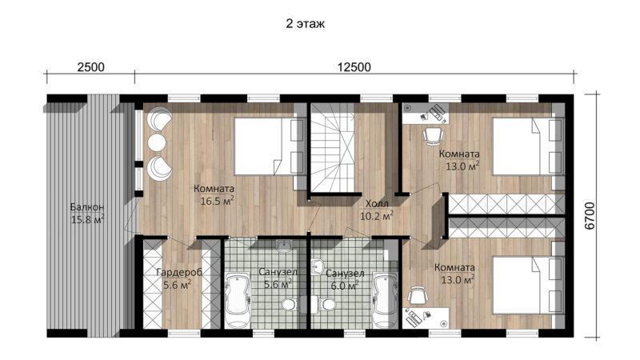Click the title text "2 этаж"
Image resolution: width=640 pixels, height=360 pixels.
point(306,24)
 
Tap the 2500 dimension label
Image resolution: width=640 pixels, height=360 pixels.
point(91,67)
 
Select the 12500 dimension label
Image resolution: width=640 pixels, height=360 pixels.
point(354,67)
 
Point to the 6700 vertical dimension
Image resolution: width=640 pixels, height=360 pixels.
point(590,216)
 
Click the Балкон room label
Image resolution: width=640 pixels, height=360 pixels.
point(87,207)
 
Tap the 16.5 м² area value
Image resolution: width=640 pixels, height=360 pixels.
point(217,201)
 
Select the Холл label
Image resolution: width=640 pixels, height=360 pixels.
point(377,204)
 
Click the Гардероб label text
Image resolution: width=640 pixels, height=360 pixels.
point(179,272)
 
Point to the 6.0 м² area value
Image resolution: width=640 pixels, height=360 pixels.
point(345,286)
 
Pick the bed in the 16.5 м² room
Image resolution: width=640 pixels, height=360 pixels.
point(270,146)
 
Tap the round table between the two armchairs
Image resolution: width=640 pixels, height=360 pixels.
point(157,142)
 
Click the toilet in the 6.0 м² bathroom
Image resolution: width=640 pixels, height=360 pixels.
point(325,304)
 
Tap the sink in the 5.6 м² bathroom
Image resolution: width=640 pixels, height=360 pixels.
point(284,245)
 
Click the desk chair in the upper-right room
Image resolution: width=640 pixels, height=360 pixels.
point(432,135)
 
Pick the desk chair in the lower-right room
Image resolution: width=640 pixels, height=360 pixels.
point(418,295)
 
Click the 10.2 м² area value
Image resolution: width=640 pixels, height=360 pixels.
point(376,215)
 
